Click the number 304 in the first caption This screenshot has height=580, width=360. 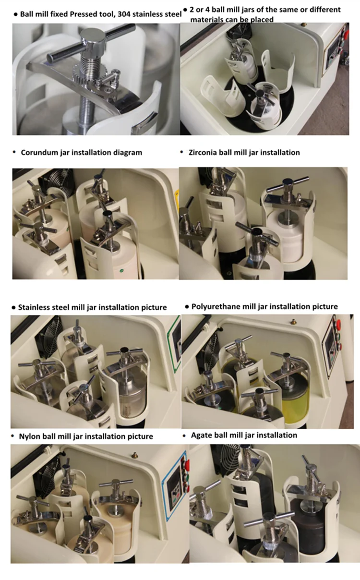pos(124,14)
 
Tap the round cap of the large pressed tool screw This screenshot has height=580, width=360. pos(93,37)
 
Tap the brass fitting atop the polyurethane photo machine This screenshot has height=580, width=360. pos(293,321)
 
